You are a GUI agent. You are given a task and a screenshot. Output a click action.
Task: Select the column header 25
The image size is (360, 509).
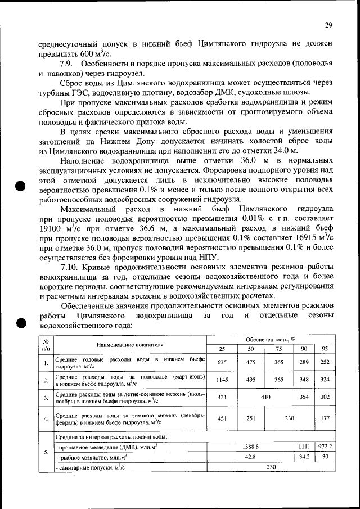pos(222,349)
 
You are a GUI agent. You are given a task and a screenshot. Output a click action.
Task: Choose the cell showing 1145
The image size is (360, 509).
pos(222,381)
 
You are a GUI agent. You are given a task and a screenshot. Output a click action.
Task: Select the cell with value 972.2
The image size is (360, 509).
pos(324,446)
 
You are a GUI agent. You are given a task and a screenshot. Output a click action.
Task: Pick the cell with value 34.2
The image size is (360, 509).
pos(304,457)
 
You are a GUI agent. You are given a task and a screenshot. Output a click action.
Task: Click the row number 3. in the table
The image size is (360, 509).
pos(46,398)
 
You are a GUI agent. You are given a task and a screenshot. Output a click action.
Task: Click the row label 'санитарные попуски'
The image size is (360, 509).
pos(90,467)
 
